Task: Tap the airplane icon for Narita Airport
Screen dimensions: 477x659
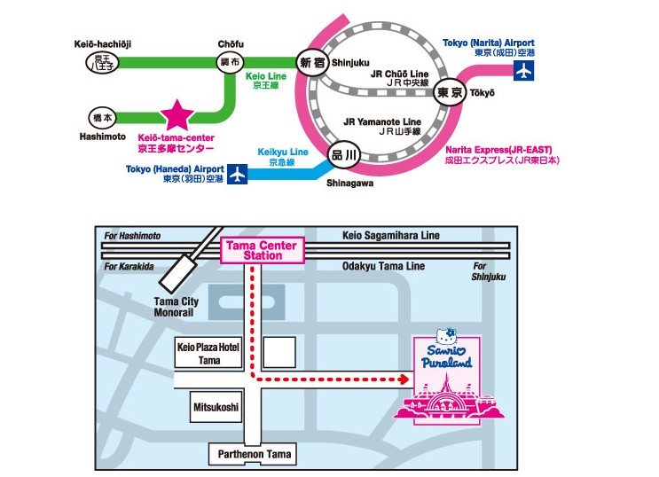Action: click(526, 70)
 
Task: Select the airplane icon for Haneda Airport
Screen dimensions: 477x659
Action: click(237, 174)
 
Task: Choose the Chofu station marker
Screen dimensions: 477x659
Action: click(231, 62)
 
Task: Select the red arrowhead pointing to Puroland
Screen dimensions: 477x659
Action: click(404, 379)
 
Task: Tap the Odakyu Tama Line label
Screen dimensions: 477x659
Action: click(384, 266)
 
